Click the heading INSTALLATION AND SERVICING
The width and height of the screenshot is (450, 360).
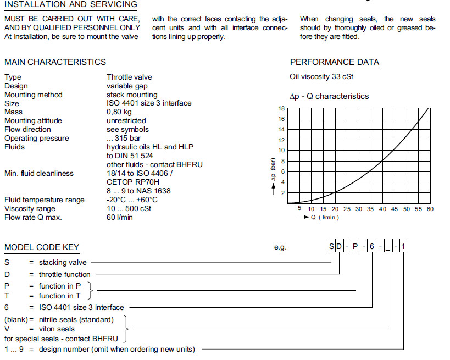71,4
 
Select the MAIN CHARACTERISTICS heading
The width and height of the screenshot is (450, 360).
55,62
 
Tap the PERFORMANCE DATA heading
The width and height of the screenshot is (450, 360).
334,62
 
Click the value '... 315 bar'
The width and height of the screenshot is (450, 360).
124,138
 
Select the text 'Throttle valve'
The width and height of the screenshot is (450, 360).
129,77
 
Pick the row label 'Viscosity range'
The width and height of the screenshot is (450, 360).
30,208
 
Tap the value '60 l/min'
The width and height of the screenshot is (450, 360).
120,217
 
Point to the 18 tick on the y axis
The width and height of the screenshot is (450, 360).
281,108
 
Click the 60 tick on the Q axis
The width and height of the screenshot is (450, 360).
430,209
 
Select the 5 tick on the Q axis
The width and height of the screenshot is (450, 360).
299,209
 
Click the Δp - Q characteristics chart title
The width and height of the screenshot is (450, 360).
329,96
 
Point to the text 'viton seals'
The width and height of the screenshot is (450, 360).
58,329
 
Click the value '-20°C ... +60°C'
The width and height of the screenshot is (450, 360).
132,200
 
